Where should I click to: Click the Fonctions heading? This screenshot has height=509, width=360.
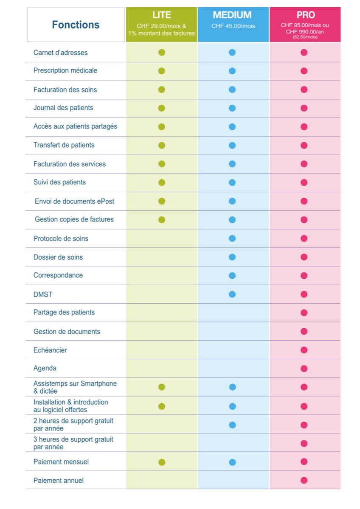pyautogui.click(x=76, y=25)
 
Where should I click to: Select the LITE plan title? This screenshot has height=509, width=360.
pyautogui.click(x=161, y=15)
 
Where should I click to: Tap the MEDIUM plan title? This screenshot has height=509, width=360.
pyautogui.click(x=232, y=15)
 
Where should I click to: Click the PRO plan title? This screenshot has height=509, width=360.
pyautogui.click(x=305, y=15)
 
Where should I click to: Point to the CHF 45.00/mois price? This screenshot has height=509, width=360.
pyautogui.click(x=233, y=26)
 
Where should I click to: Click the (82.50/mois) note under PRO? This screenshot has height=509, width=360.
pyautogui.click(x=305, y=37)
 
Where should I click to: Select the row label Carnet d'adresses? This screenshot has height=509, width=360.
pyautogui.click(x=60, y=53)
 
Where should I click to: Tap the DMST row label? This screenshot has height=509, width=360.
pyautogui.click(x=43, y=294)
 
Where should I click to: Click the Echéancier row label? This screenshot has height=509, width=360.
pyautogui.click(x=50, y=350)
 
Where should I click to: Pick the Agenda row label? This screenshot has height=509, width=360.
pyautogui.click(x=45, y=368)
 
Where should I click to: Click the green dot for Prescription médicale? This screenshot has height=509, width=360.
pyautogui.click(x=161, y=71)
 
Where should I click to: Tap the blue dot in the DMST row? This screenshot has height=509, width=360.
pyautogui.click(x=232, y=294)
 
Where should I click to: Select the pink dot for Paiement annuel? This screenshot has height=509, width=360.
pyautogui.click(x=304, y=480)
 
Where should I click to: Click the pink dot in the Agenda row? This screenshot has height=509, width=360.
pyautogui.click(x=304, y=368)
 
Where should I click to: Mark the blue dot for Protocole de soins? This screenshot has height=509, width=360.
pyautogui.click(x=232, y=238)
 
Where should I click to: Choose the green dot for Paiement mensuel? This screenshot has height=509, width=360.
pyautogui.click(x=162, y=462)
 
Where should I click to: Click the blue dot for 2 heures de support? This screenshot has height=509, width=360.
pyautogui.click(x=232, y=425)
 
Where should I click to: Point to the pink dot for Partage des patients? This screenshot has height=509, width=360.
pyautogui.click(x=304, y=313)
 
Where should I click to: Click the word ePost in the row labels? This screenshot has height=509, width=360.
pyautogui.click(x=105, y=201)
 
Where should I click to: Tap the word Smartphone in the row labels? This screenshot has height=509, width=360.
pyautogui.click(x=98, y=383)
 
